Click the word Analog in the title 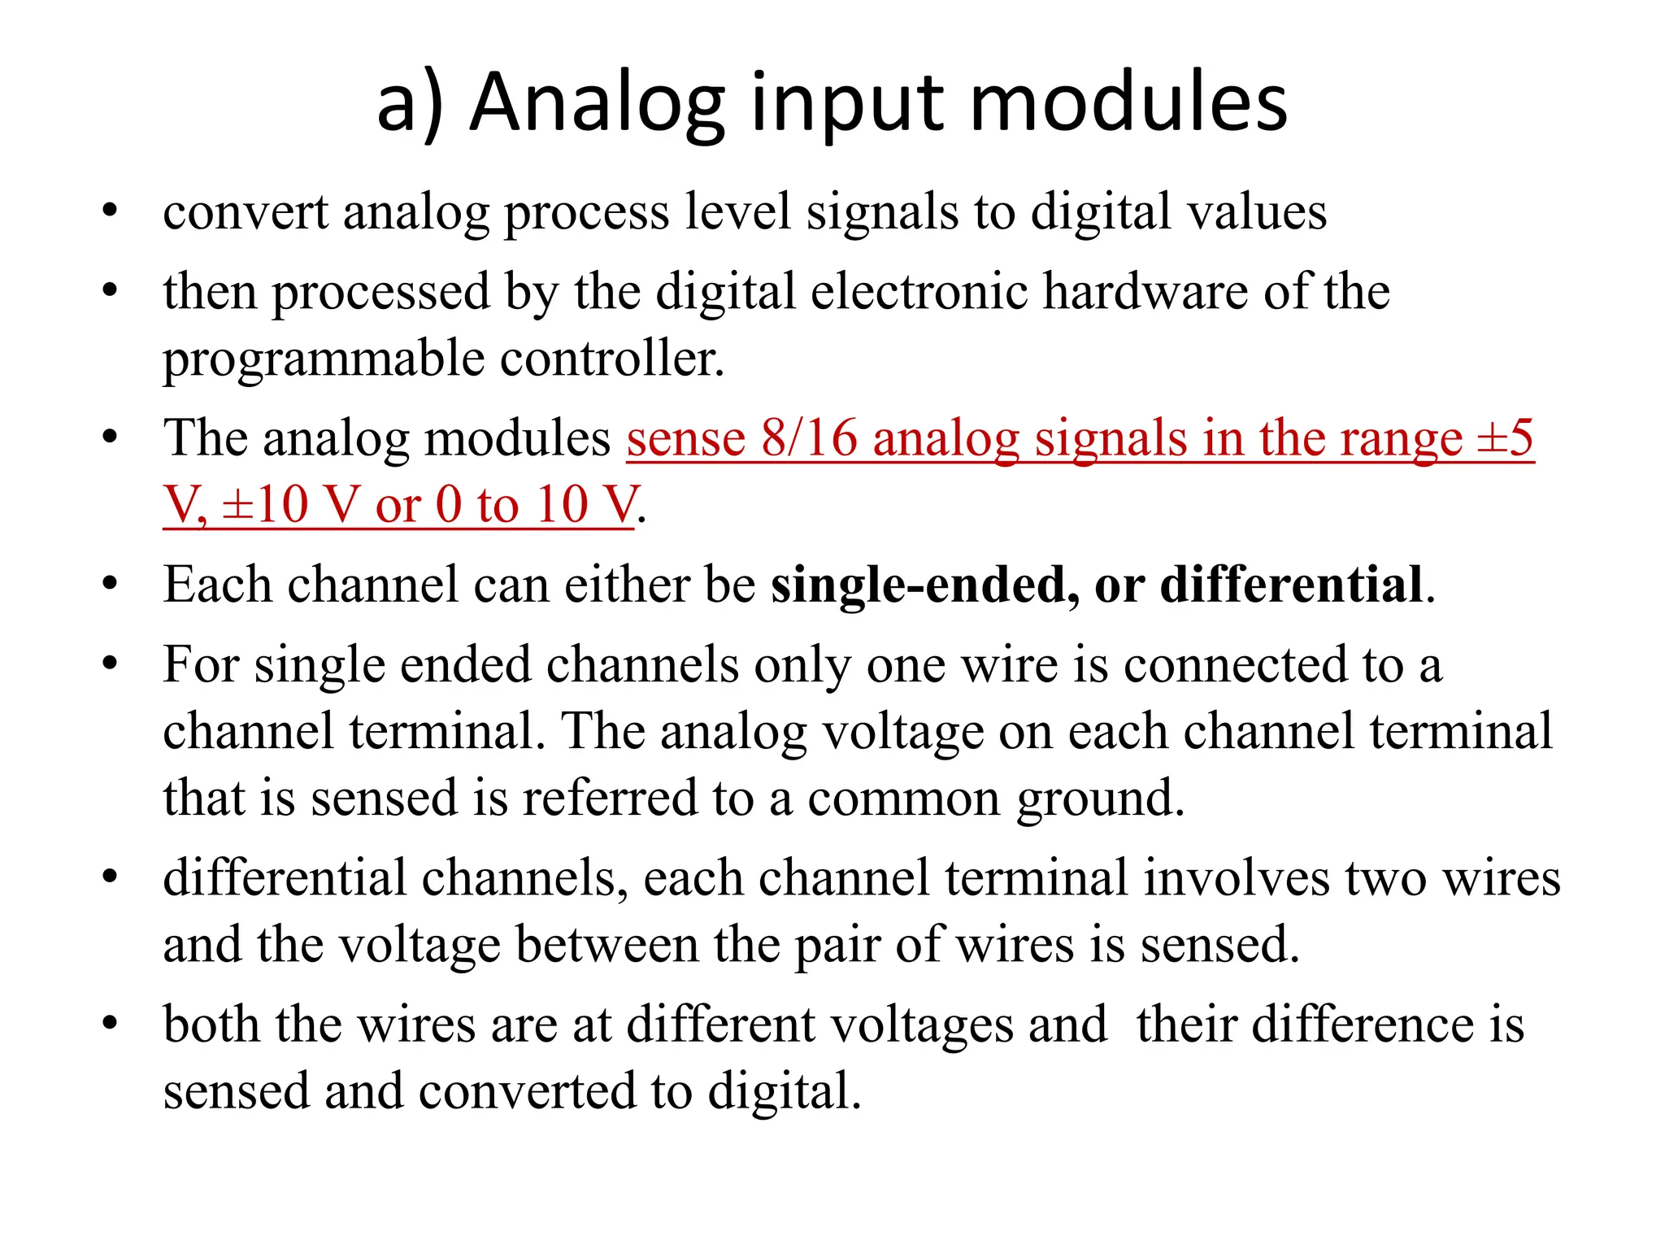click(597, 103)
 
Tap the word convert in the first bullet click(245, 212)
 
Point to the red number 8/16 click(810, 438)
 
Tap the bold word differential click(1292, 585)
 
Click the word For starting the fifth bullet click(201, 664)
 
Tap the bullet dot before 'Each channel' click(111, 585)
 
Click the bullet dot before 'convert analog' click(111, 212)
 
